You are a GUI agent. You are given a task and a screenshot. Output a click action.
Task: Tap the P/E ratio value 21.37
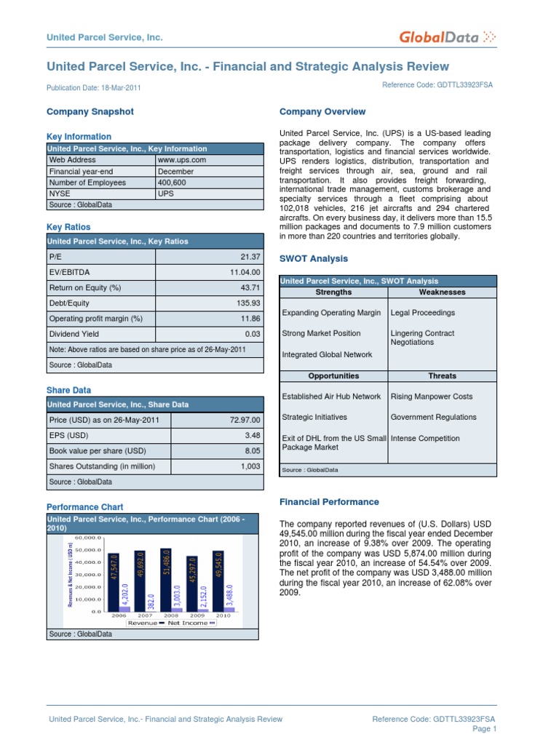coord(250,257)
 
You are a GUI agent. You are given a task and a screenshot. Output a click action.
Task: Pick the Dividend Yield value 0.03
coord(252,334)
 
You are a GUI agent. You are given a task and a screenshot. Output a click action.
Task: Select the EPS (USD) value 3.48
coord(252,435)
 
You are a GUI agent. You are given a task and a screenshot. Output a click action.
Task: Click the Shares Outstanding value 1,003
coord(250,466)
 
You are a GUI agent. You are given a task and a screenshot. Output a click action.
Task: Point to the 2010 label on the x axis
coord(223,615)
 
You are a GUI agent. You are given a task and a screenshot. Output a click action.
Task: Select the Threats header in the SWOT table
coord(443,376)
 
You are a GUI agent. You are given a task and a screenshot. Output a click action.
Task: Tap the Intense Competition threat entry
coord(425,439)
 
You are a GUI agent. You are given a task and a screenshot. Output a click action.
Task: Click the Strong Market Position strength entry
coord(321,333)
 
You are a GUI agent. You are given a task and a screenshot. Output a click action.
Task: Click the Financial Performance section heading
coord(329,502)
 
